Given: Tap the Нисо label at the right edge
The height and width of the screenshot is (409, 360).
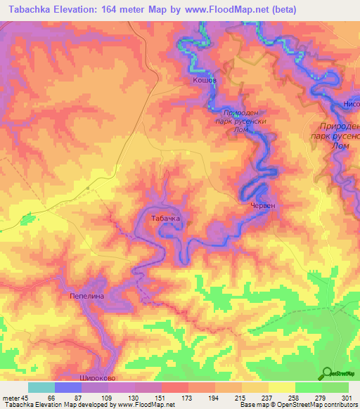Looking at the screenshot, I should [351, 104].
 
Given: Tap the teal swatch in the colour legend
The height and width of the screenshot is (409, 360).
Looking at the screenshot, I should [41, 387].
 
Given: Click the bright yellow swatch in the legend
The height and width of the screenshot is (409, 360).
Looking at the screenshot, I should [282, 387].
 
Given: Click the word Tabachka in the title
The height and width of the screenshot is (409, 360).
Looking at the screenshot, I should [30, 9].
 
